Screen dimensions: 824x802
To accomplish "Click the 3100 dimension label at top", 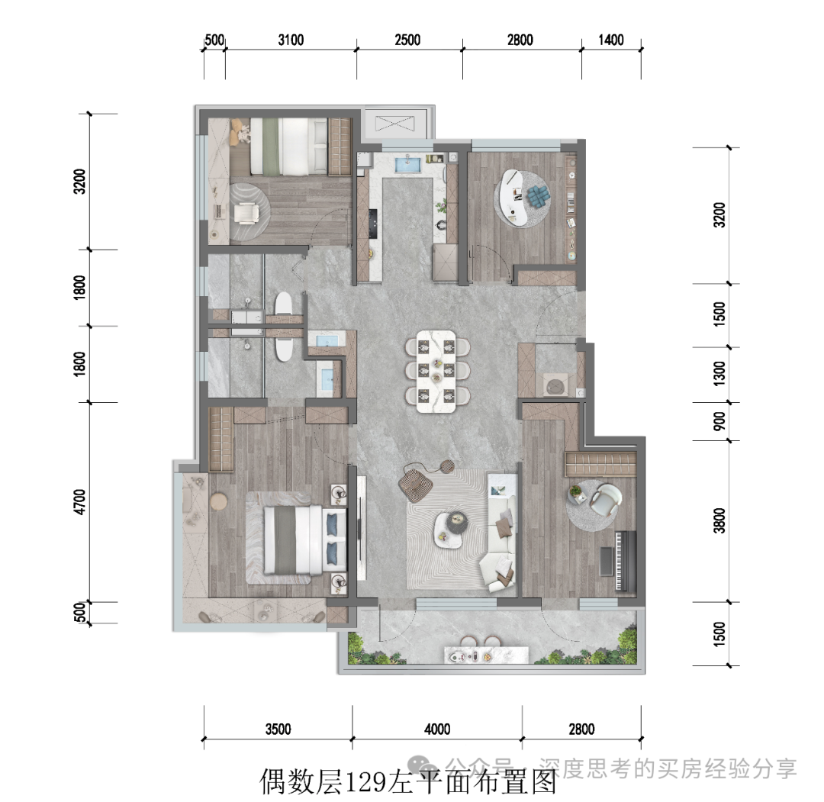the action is pyautogui.click(x=291, y=40).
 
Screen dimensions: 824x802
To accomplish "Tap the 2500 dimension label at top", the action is pyautogui.click(x=407, y=40).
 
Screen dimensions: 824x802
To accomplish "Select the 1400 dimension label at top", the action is pyautogui.click(x=610, y=40).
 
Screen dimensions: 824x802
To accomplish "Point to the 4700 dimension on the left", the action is pyautogui.click(x=79, y=502).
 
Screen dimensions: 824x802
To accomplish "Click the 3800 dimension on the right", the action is pyautogui.click(x=719, y=520).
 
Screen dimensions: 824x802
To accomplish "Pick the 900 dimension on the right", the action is pyautogui.click(x=719, y=421).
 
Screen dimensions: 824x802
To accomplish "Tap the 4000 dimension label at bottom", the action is pyautogui.click(x=437, y=729).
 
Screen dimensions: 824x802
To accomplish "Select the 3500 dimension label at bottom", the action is pyautogui.click(x=278, y=729).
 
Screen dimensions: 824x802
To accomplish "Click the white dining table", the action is pyautogui.click(x=436, y=371).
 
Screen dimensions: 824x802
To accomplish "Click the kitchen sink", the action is pyautogui.click(x=408, y=163).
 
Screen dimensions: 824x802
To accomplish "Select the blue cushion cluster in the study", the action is pyautogui.click(x=538, y=195).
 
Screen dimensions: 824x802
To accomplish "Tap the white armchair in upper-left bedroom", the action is pyautogui.click(x=246, y=213).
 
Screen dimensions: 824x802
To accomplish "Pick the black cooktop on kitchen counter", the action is pyautogui.click(x=373, y=224).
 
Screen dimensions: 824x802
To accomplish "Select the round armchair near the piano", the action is pyautogui.click(x=605, y=498).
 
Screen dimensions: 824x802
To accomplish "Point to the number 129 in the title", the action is pyautogui.click(x=365, y=781).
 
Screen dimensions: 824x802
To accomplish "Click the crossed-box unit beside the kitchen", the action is pyautogui.click(x=394, y=124).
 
